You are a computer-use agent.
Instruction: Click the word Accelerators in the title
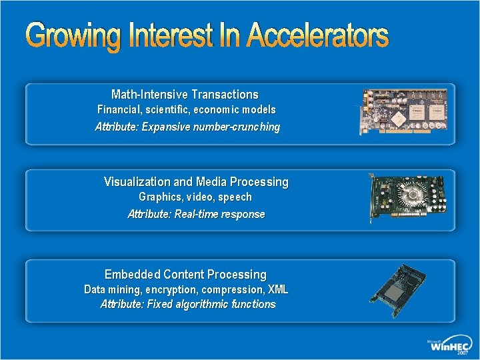(x=317, y=36)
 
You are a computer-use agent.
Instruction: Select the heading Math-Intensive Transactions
(x=185, y=95)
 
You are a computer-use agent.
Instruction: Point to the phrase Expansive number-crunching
(x=211, y=127)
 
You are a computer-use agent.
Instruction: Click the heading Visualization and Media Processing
(x=196, y=181)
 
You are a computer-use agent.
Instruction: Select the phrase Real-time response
(x=219, y=214)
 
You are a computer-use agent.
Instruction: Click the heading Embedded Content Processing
(x=185, y=274)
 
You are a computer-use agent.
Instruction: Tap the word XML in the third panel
(x=277, y=289)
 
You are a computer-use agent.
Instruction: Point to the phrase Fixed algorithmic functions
(x=209, y=304)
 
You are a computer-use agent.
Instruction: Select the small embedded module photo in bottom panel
(x=404, y=291)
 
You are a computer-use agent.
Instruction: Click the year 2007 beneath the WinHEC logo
(x=462, y=354)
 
